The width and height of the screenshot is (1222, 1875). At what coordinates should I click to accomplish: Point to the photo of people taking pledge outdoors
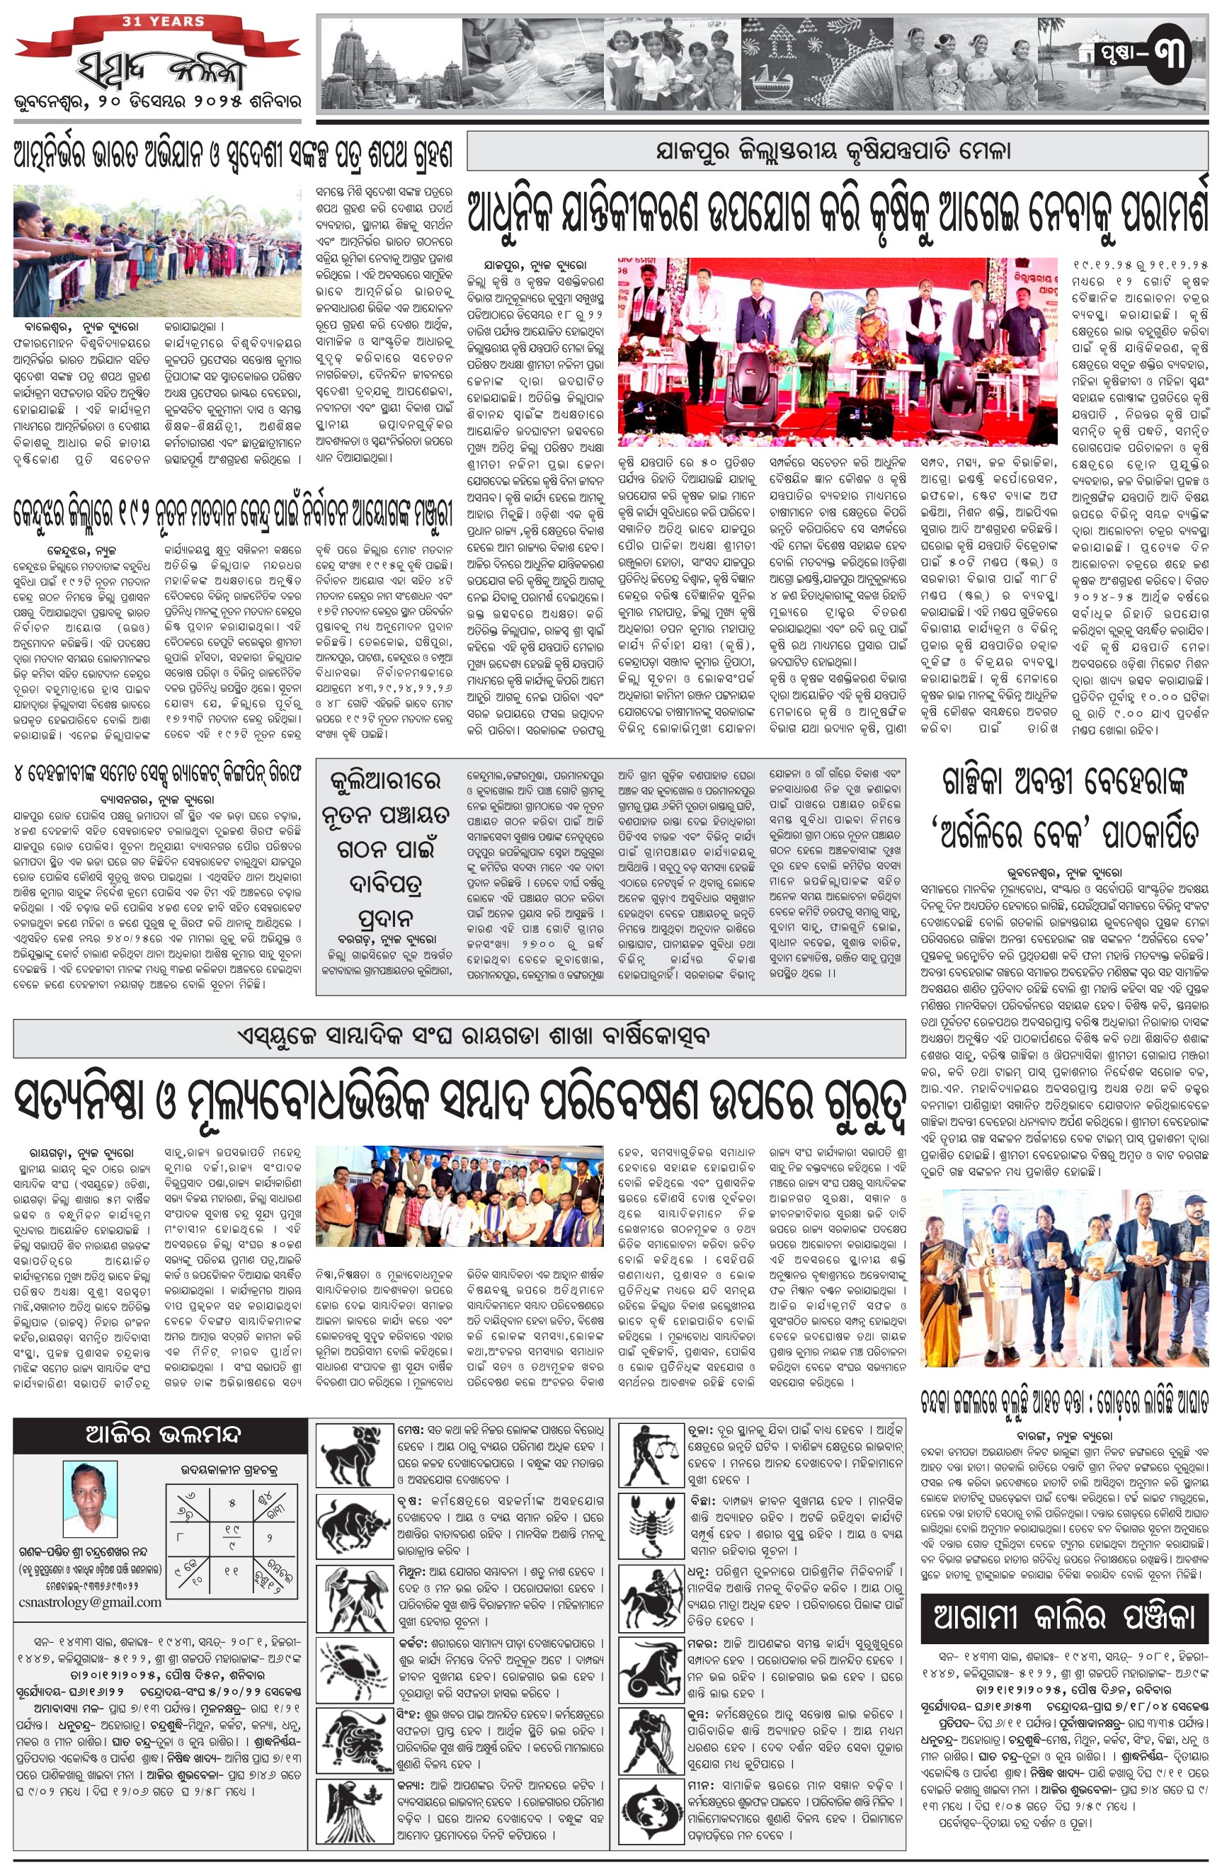tap(158, 251)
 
